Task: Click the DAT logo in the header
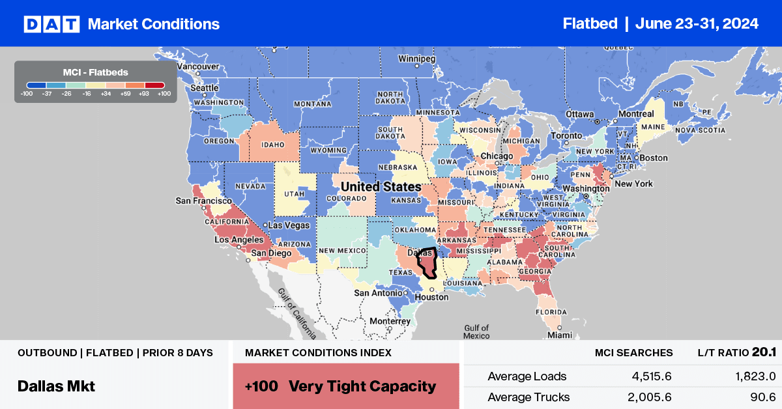(51, 24)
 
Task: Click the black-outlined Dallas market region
(428, 264)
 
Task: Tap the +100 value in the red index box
(262, 386)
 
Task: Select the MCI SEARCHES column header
(633, 352)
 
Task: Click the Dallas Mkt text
(56, 386)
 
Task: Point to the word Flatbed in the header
(590, 24)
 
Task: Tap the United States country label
(382, 187)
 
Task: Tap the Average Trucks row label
(529, 397)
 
